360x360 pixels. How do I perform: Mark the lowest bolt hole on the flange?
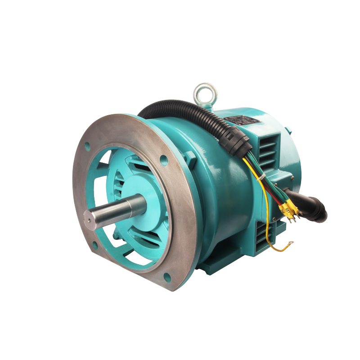pos(167,277)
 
